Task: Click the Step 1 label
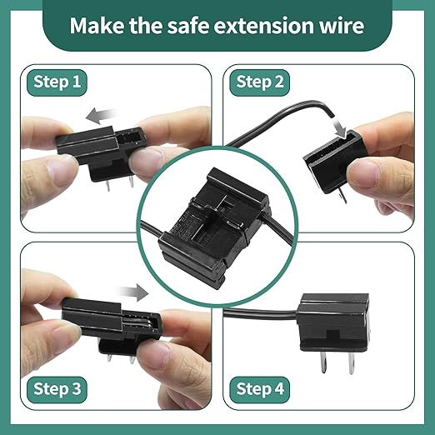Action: pos(58,82)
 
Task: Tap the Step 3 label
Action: pos(58,388)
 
